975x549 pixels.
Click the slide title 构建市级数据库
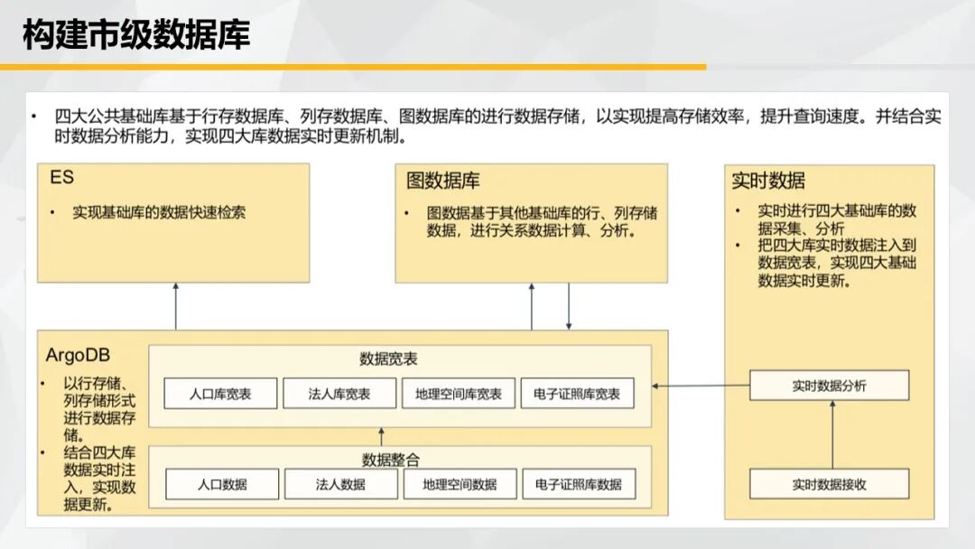point(136,34)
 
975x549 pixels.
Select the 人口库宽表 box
point(221,394)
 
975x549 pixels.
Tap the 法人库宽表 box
point(339,394)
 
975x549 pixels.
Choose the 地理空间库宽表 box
point(459,394)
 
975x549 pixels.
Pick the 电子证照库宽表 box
point(577,394)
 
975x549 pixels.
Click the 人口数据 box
point(222,484)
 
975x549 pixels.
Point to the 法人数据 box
point(340,484)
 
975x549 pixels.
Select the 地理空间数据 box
point(460,484)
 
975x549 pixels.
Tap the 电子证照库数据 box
point(579,484)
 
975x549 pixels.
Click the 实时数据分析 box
point(830,386)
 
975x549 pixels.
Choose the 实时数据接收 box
point(830,484)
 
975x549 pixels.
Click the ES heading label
point(61,177)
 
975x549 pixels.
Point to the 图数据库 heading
point(442,181)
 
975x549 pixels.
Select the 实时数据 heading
point(768,181)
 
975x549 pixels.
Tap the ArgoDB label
point(78,355)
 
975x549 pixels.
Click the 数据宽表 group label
point(388,358)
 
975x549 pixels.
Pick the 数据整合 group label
point(391,460)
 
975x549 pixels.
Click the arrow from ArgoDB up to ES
point(176,306)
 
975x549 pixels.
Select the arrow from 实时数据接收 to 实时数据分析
point(832,434)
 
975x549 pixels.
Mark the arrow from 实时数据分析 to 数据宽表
point(701,386)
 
